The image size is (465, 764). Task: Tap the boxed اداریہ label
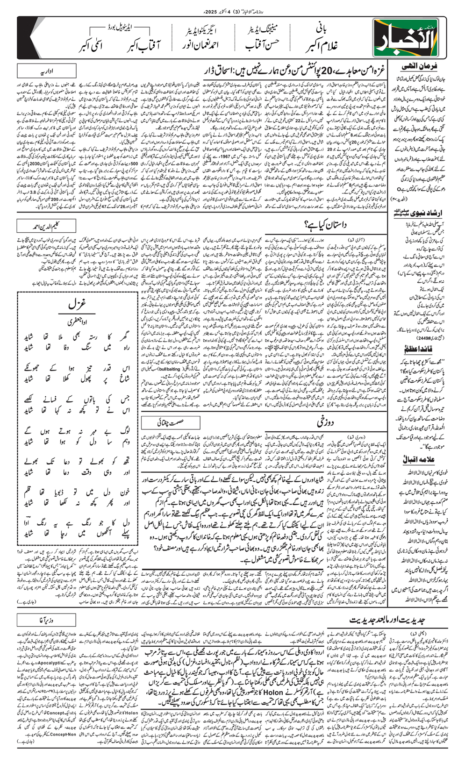[x=46, y=71]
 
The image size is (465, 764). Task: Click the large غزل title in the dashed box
[x=76, y=304]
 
